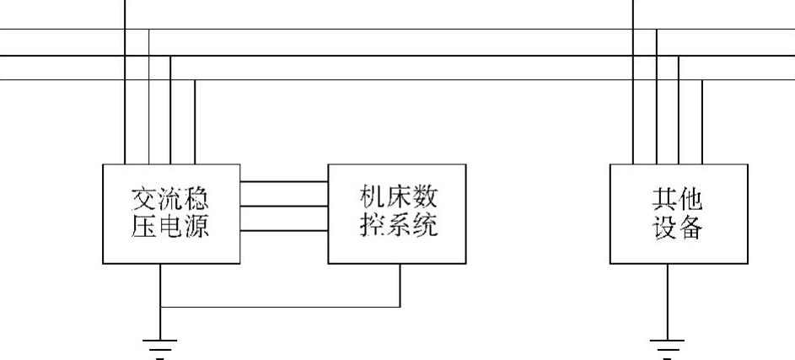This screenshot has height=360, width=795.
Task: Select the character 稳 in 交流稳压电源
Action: tap(195, 199)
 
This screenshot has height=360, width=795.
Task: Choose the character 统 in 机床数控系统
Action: tap(424, 225)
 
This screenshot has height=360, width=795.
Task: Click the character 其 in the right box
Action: tap(664, 199)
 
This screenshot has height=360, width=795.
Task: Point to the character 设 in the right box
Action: tap(664, 227)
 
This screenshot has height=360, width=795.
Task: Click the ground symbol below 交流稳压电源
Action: tap(160, 346)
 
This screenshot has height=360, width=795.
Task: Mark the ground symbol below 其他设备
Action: tap(667, 346)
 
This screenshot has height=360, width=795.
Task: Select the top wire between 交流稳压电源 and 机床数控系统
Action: tap(283, 182)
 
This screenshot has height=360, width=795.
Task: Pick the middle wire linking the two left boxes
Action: tap(283, 206)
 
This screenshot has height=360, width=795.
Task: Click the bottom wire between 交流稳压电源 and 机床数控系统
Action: tap(283, 230)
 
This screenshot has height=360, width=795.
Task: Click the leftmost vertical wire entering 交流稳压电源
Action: tap(125, 118)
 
